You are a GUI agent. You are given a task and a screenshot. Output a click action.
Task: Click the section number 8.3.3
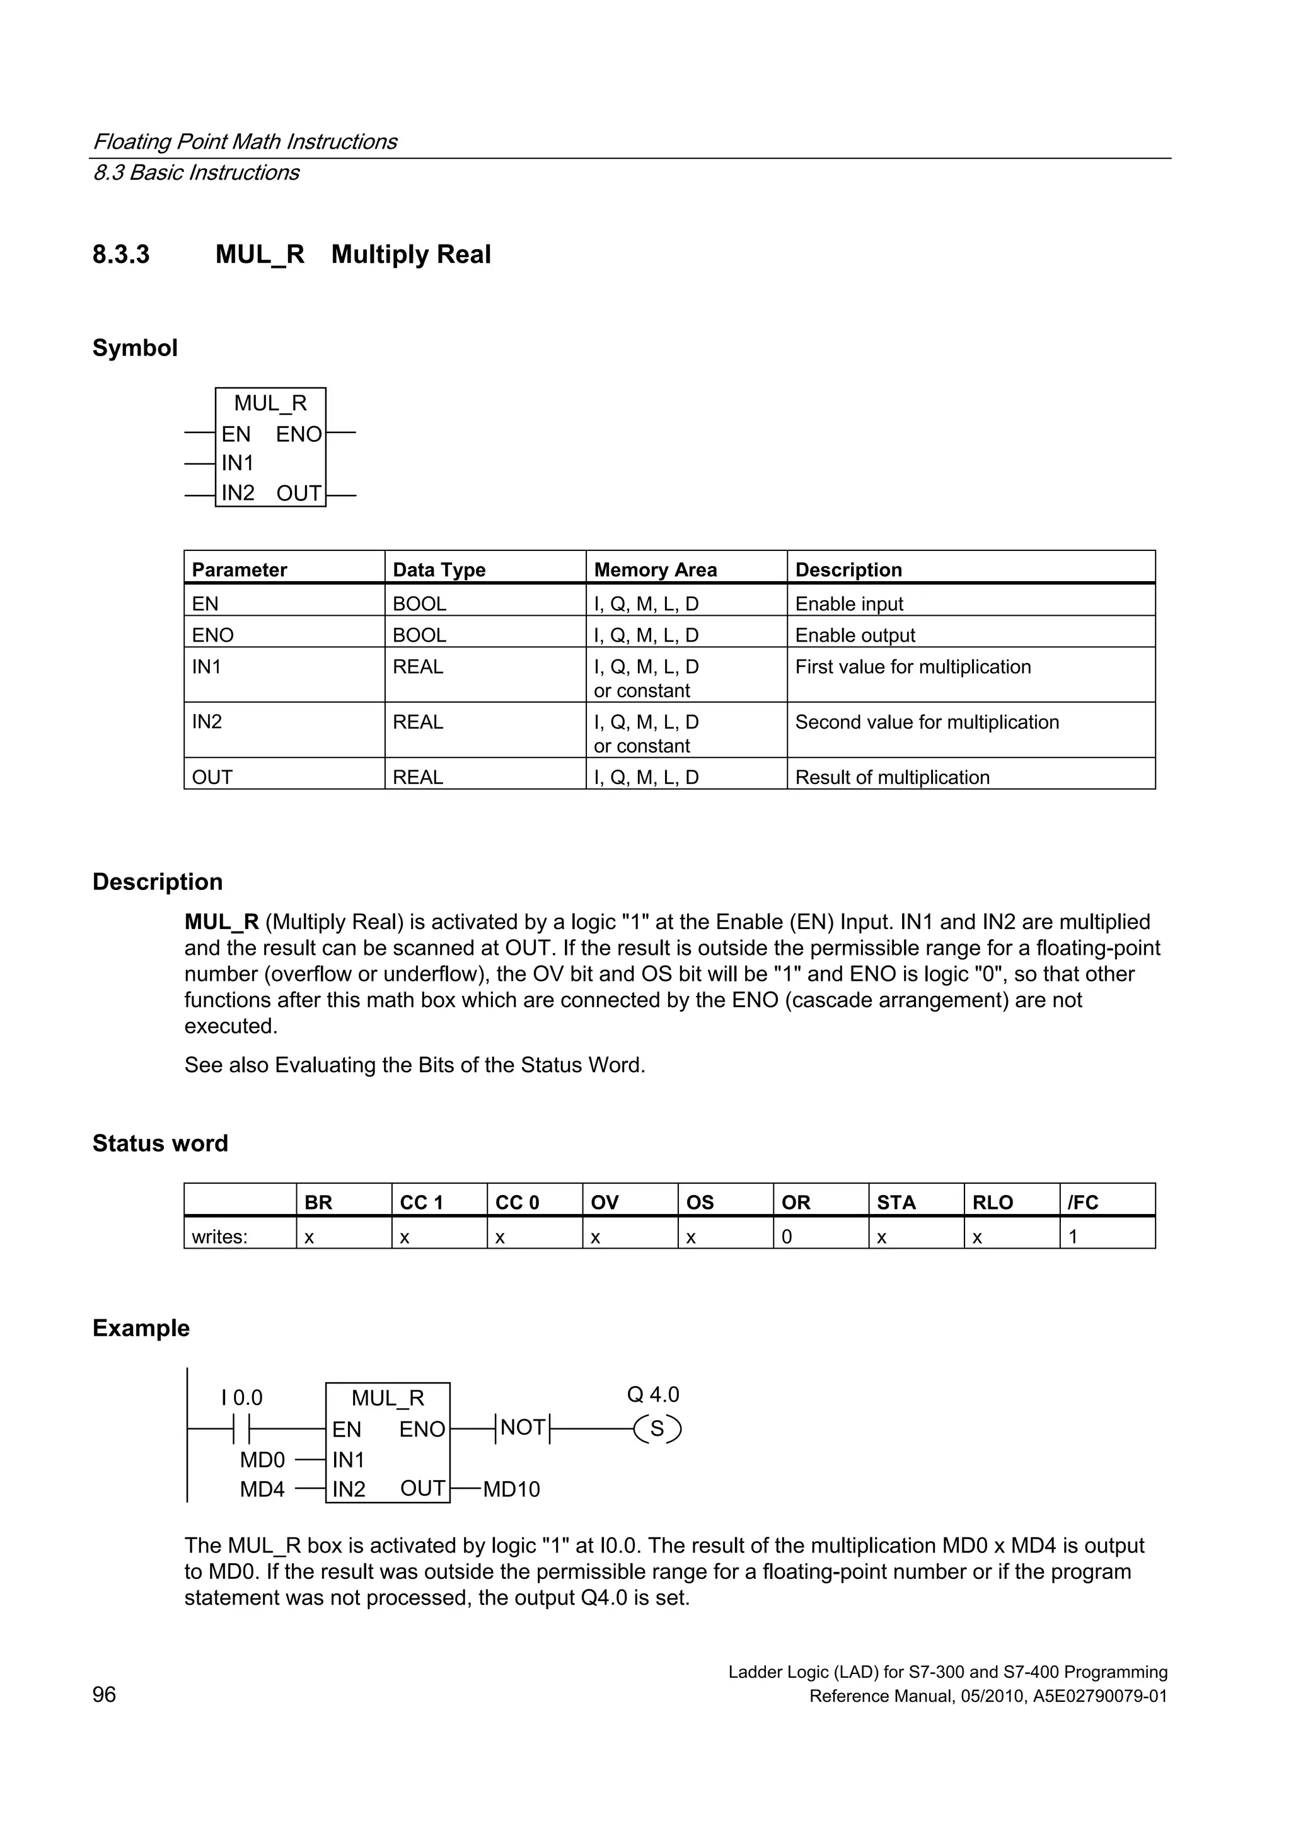pyautogui.click(x=121, y=255)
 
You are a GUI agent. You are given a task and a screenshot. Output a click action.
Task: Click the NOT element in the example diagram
pyautogui.click(x=523, y=1428)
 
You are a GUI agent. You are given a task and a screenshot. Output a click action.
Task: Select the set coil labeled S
pyautogui.click(x=657, y=1429)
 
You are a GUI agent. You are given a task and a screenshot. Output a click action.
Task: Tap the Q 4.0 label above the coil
pyautogui.click(x=653, y=1394)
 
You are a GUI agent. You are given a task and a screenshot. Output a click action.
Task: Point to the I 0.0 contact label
pyautogui.click(x=242, y=1397)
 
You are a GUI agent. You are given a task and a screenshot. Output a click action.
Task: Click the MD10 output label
pyautogui.click(x=511, y=1489)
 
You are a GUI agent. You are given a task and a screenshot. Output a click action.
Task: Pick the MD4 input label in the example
pyautogui.click(x=262, y=1489)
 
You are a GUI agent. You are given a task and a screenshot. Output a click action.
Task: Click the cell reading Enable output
pyautogui.click(x=855, y=635)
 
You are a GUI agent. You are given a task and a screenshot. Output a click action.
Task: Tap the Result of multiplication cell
pyautogui.click(x=893, y=777)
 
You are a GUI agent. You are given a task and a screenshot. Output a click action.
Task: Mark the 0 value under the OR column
pyautogui.click(x=787, y=1237)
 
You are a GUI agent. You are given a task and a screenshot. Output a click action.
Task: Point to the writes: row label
pyautogui.click(x=219, y=1237)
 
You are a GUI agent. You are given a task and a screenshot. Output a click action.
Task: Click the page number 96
pyautogui.click(x=104, y=1695)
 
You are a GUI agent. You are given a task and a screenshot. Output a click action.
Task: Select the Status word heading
pyautogui.click(x=160, y=1143)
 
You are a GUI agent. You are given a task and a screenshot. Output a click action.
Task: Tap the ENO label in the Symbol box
pyautogui.click(x=299, y=434)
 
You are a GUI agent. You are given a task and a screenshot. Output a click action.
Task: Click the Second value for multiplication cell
pyautogui.click(x=927, y=722)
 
